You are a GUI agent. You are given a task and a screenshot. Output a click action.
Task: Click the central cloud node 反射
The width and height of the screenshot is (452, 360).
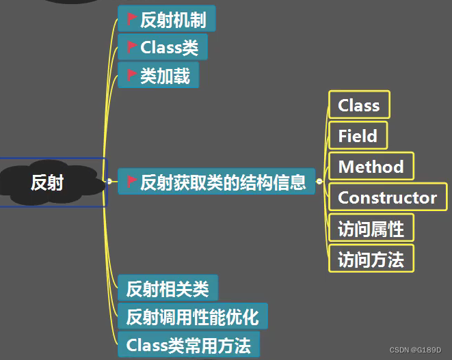point(48,182)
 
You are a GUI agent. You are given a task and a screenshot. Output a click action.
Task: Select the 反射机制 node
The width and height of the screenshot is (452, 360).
point(167,19)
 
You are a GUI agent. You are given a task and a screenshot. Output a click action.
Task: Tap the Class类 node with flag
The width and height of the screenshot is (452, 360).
point(163,48)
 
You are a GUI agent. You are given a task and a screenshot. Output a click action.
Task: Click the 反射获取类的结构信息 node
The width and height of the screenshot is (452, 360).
point(217,182)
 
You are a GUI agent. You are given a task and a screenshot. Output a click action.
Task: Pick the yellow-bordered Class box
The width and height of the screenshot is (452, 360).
point(359,105)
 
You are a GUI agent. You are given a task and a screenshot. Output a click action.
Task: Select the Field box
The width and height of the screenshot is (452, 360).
point(358,136)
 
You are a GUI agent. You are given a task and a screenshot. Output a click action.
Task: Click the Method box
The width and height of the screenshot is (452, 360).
point(371,167)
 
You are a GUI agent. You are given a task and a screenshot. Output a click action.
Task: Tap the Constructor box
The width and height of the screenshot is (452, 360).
point(387,198)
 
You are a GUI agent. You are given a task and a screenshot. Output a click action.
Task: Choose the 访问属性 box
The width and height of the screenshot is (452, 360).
point(371,229)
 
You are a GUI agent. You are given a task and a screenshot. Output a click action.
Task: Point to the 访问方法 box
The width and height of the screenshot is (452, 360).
point(371,259)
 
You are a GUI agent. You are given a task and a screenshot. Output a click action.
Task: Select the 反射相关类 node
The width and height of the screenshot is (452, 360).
point(168,288)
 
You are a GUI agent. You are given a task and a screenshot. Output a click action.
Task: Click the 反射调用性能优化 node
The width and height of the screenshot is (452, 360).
point(193,317)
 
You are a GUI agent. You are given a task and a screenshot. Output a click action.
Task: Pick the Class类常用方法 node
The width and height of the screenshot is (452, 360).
point(189,345)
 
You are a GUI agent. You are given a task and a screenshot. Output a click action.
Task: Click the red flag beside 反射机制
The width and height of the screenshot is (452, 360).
point(132,19)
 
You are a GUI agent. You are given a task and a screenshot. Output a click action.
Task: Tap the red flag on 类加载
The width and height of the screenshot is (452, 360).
point(132,76)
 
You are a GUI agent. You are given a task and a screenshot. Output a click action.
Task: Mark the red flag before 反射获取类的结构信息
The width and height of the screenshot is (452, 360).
point(132,182)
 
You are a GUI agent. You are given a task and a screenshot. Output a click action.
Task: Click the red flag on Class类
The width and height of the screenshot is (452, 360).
point(132,48)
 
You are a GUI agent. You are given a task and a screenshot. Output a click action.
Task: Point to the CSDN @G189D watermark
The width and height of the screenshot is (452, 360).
point(415,350)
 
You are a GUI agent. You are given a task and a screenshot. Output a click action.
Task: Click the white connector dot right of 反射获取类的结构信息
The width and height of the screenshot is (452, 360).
point(319,182)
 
